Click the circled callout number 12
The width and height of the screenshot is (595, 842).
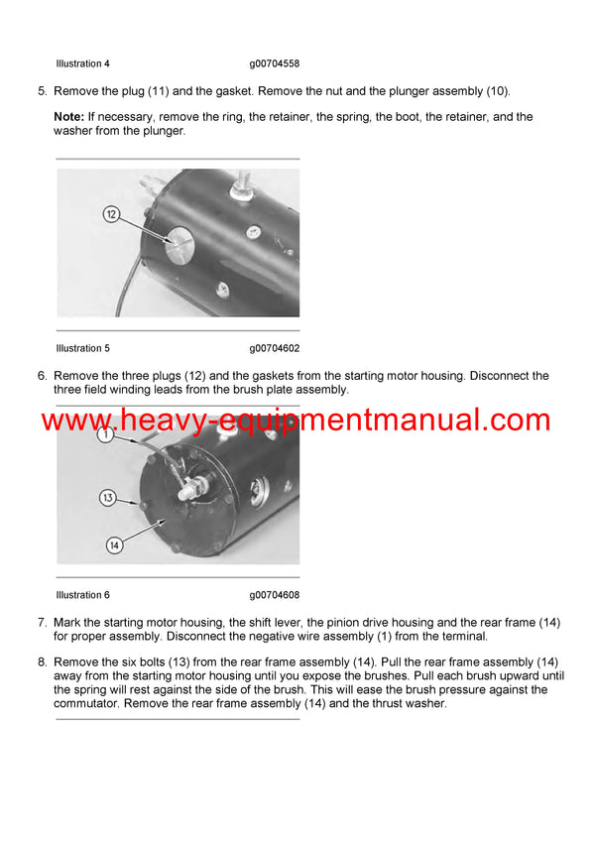coord(111,214)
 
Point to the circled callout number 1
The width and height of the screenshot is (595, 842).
coord(105,434)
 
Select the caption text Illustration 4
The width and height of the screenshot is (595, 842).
coord(82,63)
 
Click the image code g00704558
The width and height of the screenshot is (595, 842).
coord(275,63)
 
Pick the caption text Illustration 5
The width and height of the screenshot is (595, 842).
coord(82,348)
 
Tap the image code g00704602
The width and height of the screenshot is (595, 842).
coord(275,348)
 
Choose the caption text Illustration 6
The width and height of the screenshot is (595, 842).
coord(82,595)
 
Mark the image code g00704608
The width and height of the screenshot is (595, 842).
coord(275,595)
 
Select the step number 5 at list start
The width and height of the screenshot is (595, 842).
coord(42,91)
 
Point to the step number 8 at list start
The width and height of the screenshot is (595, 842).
coord(42,662)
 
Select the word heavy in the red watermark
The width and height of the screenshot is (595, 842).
coord(159,421)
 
